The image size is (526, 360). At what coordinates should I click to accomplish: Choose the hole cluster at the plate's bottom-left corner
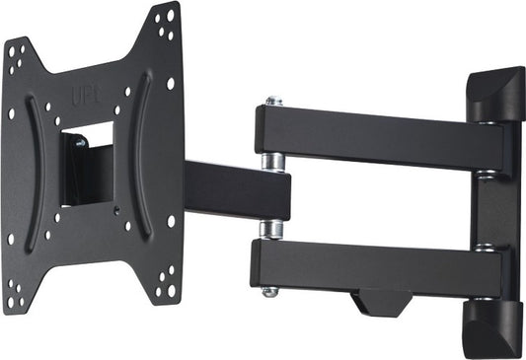click(x=14, y=288)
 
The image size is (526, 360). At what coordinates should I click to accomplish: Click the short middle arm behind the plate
click(x=237, y=190)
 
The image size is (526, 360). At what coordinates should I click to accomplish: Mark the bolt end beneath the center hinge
click(x=268, y=292)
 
